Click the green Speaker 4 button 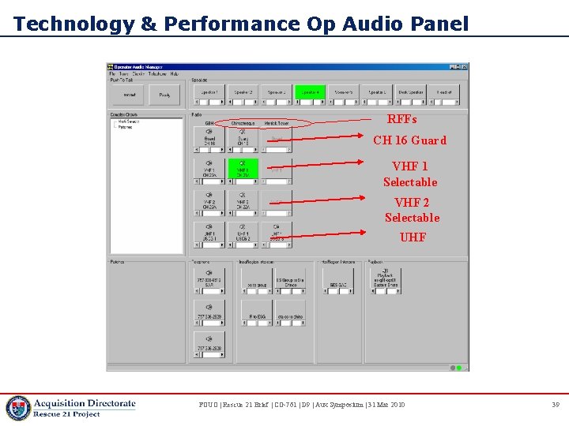pyautogui.click(x=311, y=93)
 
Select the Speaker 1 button pyautogui.click(x=209, y=93)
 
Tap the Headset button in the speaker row pyautogui.click(x=444, y=93)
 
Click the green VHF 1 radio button pyautogui.click(x=243, y=170)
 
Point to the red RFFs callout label pyautogui.click(x=401, y=120)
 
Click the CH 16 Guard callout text pyautogui.click(x=409, y=140)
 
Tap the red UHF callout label pyautogui.click(x=413, y=237)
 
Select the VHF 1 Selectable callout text pyautogui.click(x=410, y=174)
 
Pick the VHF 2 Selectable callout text pyautogui.click(x=412, y=210)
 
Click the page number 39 pyautogui.click(x=555, y=405)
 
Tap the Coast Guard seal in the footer pyautogui.click(x=17, y=408)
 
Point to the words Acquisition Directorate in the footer pyautogui.click(x=85, y=403)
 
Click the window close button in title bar pyautogui.click(x=465, y=67)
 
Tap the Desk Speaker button pyautogui.click(x=411, y=93)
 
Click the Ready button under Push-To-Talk pyautogui.click(x=164, y=95)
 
